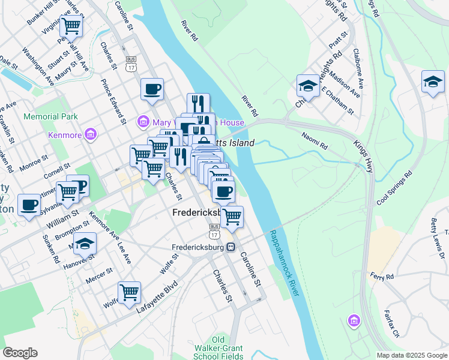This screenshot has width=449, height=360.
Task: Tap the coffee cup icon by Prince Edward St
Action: coord(152,89)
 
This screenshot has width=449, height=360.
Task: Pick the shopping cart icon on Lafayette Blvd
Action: coord(129,293)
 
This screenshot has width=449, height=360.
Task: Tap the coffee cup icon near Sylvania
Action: coord(29,205)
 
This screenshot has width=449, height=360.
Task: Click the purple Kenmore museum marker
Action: coord(91,133)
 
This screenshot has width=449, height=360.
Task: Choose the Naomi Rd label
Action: coord(315,142)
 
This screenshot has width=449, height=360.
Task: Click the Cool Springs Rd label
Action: coord(394,190)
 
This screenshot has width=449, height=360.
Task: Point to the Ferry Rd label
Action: coord(382,277)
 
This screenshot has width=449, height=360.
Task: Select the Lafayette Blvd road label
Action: coord(157,292)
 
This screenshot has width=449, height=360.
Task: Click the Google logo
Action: coord(20,353)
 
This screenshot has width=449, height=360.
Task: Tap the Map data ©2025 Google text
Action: coord(411,355)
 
